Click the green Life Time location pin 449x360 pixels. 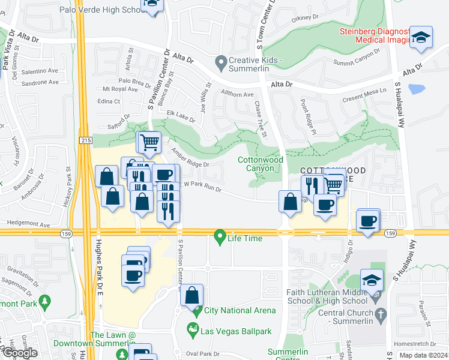click(x=220, y=238)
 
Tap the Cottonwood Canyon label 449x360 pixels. click(x=260, y=164)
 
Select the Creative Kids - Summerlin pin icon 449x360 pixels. click(x=221, y=61)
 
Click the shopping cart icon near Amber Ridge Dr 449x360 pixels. click(x=149, y=142)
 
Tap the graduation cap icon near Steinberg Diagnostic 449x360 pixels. click(x=421, y=36)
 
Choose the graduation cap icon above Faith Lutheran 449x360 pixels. click(x=372, y=280)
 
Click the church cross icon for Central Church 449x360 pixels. click(x=379, y=313)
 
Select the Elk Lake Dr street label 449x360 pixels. click(x=181, y=116)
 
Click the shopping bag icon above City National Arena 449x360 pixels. click(x=192, y=295)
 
